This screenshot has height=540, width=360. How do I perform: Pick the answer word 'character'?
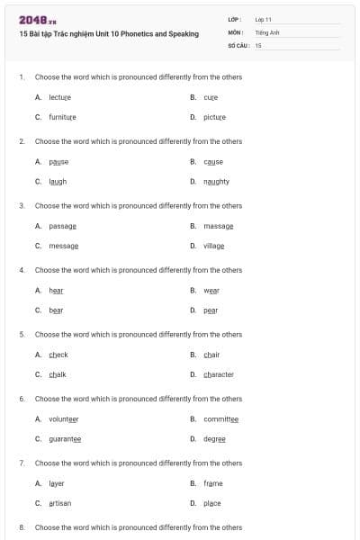pos(219,374)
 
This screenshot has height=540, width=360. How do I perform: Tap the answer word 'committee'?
pos(220,419)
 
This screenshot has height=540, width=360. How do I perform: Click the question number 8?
pos(22,527)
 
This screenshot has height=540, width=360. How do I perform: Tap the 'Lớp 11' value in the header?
pos(264,19)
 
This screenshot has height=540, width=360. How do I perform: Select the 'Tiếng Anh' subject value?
pos(266,31)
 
